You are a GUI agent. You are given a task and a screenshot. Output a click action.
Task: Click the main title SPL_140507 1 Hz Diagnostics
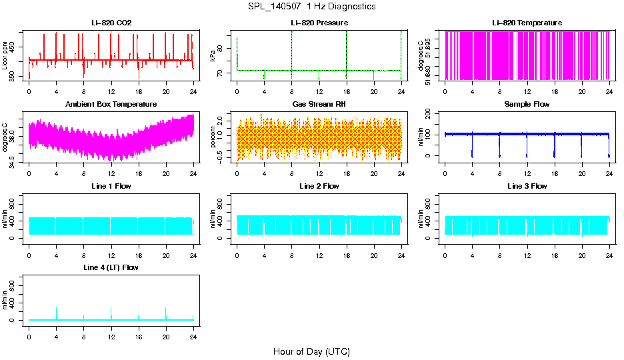tap(311, 7)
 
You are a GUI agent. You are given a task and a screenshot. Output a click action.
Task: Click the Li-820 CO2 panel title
tap(111, 23)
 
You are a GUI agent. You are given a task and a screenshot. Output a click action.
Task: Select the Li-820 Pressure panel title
tap(319, 23)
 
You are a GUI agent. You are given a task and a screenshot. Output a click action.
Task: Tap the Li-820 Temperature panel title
tap(527, 23)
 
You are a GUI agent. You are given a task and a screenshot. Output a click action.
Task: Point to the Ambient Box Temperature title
tap(111, 104)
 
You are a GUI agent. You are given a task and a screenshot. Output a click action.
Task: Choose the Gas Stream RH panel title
tap(319, 104)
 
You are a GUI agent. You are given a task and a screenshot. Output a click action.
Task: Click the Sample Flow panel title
tap(527, 104)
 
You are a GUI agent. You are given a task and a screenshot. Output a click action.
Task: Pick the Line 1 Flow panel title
tap(111, 186)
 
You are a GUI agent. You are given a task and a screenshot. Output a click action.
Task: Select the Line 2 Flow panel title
tap(319, 186)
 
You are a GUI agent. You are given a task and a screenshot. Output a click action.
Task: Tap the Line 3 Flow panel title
tap(527, 186)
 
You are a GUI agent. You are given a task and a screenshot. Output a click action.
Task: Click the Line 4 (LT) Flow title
tap(111, 267)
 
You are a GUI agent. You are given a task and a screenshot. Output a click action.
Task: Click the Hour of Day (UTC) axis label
tap(311, 351)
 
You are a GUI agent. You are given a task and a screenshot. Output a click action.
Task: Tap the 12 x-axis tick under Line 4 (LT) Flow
tap(111, 336)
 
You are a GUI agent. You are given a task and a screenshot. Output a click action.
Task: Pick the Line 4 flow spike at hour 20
tap(166, 312)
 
